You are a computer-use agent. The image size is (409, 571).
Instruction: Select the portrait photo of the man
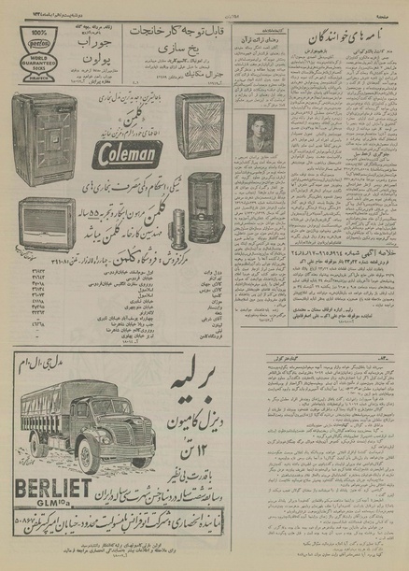point(257,133)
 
